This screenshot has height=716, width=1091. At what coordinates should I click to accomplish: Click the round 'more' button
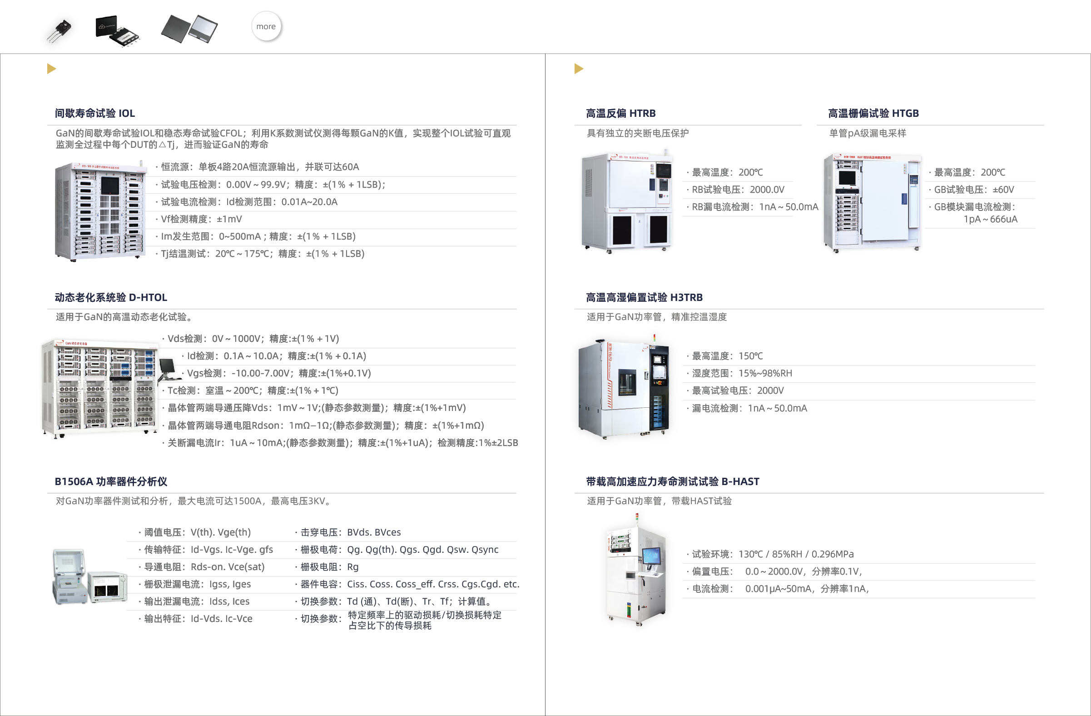click(266, 26)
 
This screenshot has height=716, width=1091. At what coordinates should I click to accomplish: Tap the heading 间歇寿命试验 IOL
click(95, 113)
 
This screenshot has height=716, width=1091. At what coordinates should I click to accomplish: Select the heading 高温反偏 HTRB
click(621, 113)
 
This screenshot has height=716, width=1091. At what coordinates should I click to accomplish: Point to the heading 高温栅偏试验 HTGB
click(873, 113)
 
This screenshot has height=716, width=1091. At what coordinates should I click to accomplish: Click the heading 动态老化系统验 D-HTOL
click(111, 297)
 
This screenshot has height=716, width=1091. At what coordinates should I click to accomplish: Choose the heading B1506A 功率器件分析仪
click(111, 481)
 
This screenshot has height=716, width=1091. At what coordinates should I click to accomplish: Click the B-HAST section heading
click(673, 481)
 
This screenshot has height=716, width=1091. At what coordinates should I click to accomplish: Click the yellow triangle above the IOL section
click(51, 69)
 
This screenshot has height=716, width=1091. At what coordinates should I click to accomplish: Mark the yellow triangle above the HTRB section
click(579, 69)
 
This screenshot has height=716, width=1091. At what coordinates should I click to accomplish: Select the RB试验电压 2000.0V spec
click(735, 190)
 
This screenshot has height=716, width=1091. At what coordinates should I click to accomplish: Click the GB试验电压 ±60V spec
click(972, 190)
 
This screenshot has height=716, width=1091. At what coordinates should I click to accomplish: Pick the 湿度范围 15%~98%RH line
click(739, 373)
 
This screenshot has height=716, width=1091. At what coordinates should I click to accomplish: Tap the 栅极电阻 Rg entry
click(327, 567)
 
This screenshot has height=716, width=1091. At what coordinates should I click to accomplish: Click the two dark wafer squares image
click(190, 29)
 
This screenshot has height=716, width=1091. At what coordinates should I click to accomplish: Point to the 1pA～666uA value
click(990, 219)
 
